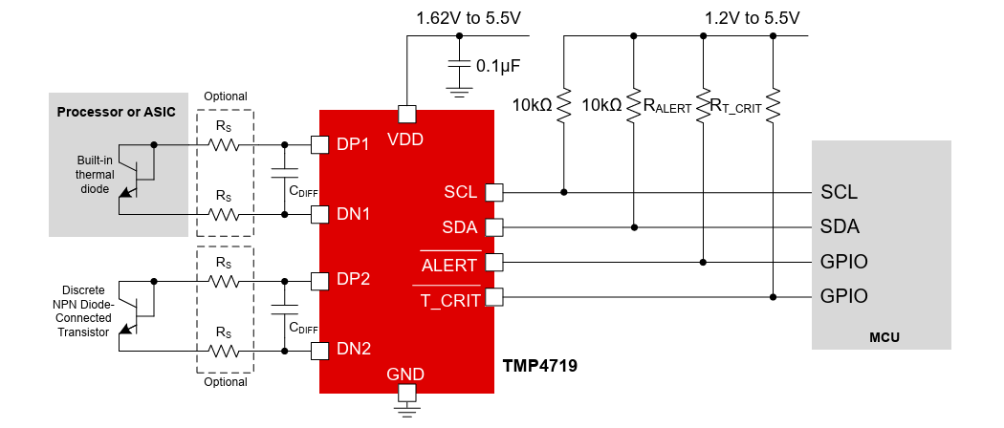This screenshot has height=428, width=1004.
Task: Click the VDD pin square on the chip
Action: pos(406,114)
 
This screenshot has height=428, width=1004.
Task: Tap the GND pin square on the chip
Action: pos(406,392)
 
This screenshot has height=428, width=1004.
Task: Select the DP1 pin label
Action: pos(353,144)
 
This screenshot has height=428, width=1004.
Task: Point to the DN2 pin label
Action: pos(353,349)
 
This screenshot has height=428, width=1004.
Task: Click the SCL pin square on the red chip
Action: pos(494,192)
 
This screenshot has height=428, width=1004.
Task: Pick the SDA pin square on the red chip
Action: pos(494,227)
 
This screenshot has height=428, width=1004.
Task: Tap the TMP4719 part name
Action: pos(540,365)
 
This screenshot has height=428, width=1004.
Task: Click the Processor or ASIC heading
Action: pos(117,112)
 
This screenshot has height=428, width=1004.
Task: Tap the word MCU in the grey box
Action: pos(884,337)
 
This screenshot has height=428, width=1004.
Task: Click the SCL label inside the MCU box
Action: pos(839,192)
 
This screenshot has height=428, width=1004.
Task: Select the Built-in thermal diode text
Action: pos(96,175)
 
